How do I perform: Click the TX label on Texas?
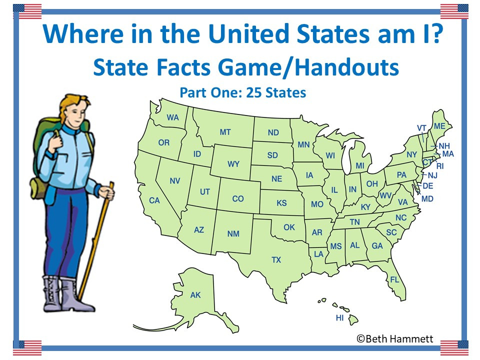276,260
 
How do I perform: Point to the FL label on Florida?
394,280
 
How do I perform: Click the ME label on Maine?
439,126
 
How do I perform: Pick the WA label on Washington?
173,118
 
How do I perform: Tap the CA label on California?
154,200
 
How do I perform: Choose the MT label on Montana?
225,132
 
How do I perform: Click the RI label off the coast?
440,166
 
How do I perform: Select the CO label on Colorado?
238,199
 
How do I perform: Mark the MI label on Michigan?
360,165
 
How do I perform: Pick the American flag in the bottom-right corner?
454,347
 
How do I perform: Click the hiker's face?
75,110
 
